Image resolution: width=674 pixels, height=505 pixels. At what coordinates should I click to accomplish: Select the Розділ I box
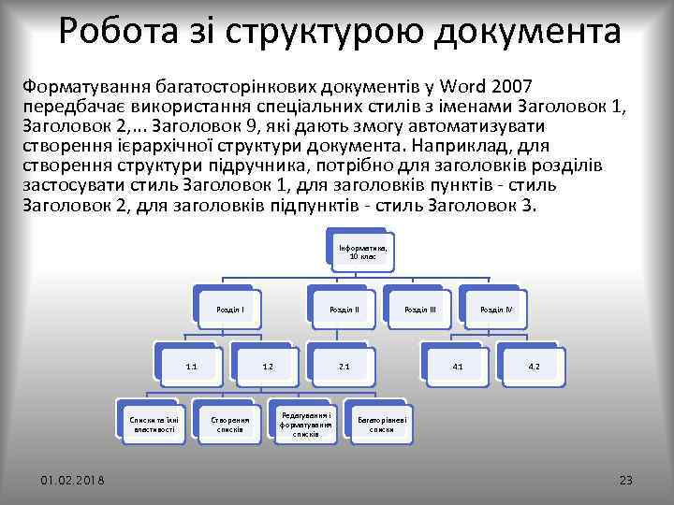(230, 308)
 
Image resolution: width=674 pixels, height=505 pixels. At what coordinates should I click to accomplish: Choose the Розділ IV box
(494, 308)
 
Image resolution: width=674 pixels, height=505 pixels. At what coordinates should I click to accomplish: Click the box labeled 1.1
(191, 366)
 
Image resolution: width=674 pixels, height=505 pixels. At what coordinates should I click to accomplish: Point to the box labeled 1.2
(268, 366)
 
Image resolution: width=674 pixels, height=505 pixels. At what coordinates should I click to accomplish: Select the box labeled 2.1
(344, 366)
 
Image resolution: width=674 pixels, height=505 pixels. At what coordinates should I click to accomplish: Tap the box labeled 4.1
(457, 366)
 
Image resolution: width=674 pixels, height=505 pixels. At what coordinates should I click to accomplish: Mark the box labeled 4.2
(533, 366)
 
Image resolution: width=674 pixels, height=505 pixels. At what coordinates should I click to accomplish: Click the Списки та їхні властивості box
(153, 424)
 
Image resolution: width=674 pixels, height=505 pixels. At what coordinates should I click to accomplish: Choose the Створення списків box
(229, 424)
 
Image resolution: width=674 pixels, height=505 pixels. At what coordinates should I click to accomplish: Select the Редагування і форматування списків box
(305, 424)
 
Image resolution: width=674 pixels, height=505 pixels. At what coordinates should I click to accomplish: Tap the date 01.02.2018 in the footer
(72, 480)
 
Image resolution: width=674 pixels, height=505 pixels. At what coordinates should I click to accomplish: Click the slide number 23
(626, 480)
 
